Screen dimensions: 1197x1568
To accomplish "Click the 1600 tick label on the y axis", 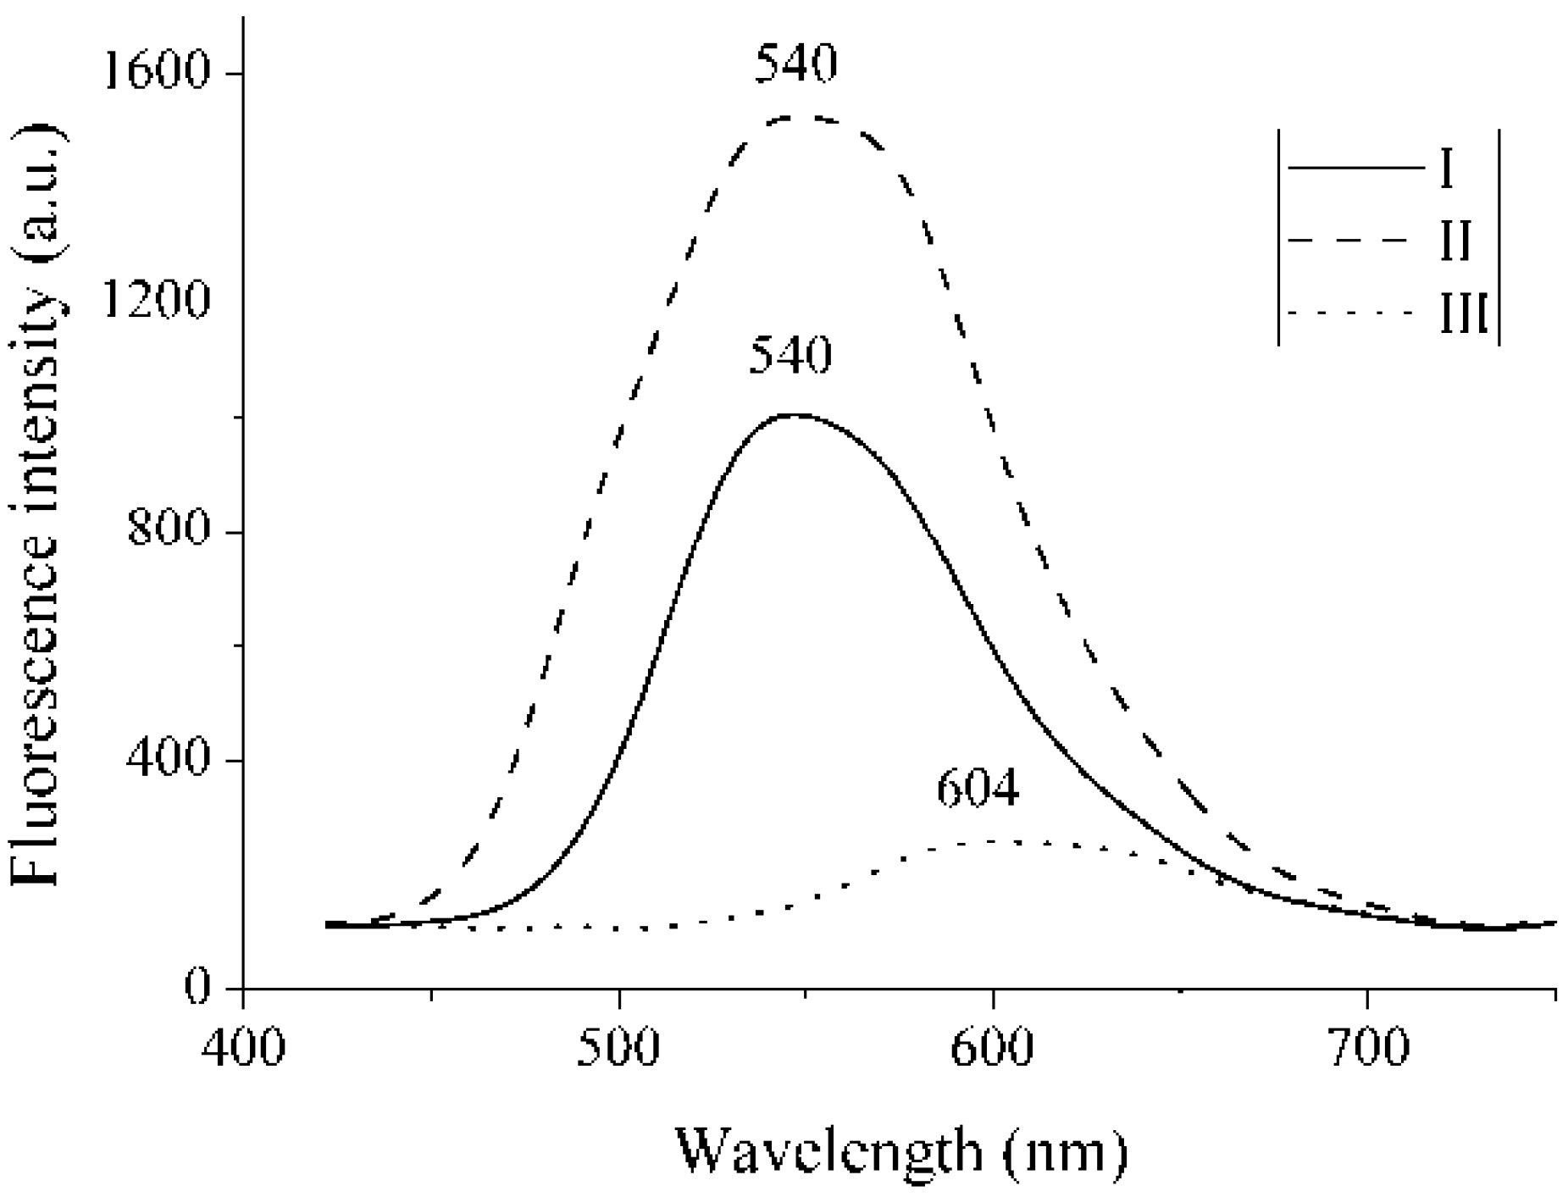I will [152, 73].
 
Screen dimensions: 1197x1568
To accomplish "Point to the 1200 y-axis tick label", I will [152, 301].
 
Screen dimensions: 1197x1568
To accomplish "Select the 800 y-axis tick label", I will [167, 530].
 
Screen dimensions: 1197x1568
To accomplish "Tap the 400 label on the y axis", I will [167, 759].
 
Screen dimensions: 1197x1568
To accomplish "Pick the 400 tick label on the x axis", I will [243, 1049].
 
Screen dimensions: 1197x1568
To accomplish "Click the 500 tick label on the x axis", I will [618, 1049].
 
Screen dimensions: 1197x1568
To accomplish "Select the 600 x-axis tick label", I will [992, 1049].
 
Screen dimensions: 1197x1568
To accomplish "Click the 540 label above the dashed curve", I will [795, 64].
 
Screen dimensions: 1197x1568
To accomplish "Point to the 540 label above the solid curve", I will [790, 356].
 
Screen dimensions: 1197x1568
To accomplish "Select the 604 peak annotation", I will [978, 790].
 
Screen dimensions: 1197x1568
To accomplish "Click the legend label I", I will [1446, 169].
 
